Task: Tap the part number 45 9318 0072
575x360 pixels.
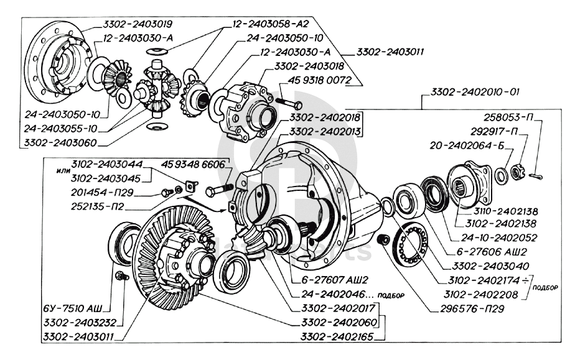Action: click(x=322, y=80)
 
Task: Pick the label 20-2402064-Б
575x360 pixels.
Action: click(x=470, y=146)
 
